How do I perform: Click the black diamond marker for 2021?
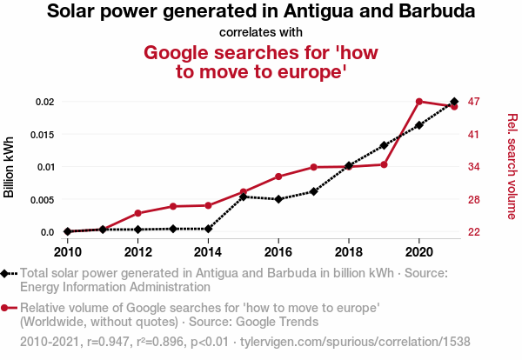454,102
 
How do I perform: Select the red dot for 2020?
419,102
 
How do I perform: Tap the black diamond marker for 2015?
243,197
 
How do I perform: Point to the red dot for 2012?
137,213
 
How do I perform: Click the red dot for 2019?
384,164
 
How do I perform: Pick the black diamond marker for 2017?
313,191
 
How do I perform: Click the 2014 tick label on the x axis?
208,252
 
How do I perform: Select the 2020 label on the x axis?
419,252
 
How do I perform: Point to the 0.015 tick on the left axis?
41,134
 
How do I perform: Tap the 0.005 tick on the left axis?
41,199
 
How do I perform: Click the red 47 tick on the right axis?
473,102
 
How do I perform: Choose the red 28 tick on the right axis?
473,199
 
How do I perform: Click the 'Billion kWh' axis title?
10,167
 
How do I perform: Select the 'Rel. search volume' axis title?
512,167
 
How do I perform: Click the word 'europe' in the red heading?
305,72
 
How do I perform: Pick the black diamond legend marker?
7,273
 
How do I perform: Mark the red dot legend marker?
7,308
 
